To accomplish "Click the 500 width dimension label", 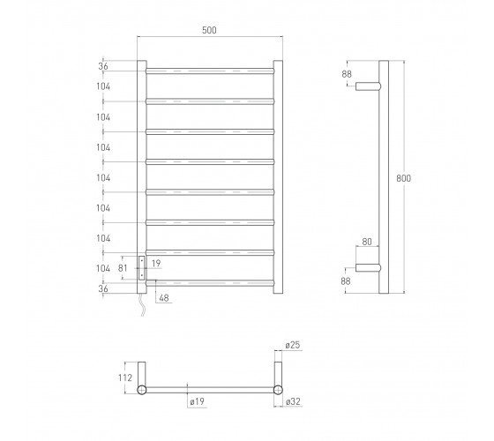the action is pos(209,30).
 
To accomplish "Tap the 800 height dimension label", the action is pos(404,178).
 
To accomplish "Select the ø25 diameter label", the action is pos(293,345).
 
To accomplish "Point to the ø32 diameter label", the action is pos(293,401).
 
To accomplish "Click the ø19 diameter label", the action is pos(198,401).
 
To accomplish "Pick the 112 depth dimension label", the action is pos(125,377).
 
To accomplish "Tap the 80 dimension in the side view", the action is pos(367,242).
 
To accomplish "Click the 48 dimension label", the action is pos(164,298).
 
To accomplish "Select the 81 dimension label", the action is pos(123,268).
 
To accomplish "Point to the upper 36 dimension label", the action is pos(103,66).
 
